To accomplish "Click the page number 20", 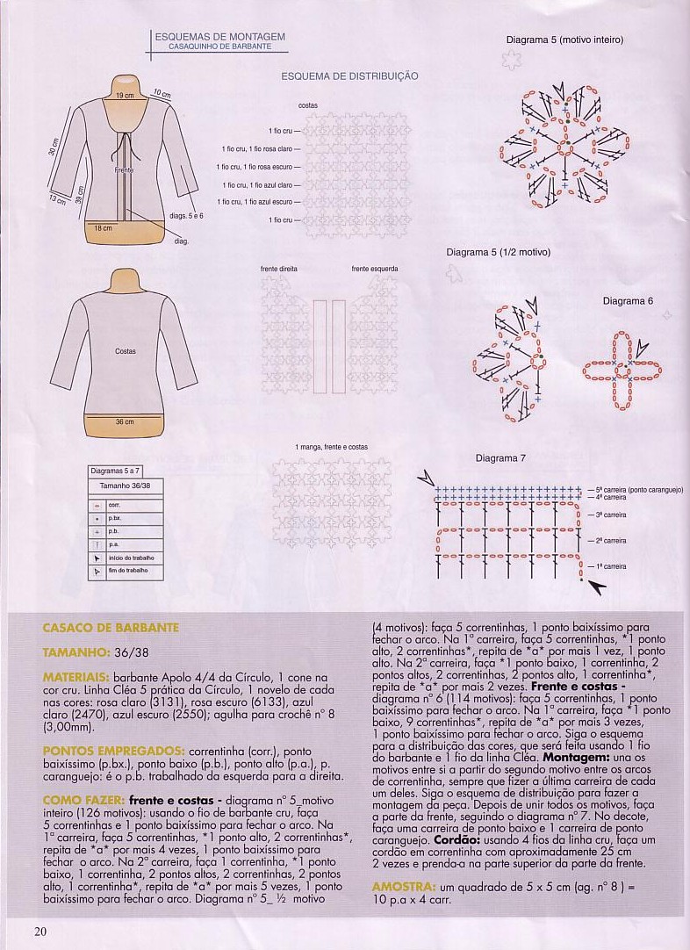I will click(40, 932).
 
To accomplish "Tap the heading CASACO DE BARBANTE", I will click(111, 628).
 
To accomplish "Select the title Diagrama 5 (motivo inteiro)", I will click(564, 40).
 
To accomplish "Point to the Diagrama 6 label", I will click(628, 300).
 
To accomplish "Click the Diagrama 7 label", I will click(500, 458).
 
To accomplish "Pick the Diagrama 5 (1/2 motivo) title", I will click(498, 253).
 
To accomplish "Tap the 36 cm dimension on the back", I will click(125, 422).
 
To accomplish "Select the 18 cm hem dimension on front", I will click(104, 228).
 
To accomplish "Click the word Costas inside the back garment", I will click(126, 351).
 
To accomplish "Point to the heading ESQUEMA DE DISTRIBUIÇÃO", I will click(349, 76).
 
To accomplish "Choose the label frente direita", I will click(279, 269).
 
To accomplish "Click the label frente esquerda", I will click(375, 269).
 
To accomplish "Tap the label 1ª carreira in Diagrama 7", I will click(611, 566).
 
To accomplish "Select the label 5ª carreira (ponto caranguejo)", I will click(639, 489).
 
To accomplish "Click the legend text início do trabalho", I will click(131, 558).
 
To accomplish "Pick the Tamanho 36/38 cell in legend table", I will click(125, 485).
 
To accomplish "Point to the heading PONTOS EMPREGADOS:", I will click(113, 752).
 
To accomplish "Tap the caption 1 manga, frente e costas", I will click(332, 447).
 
